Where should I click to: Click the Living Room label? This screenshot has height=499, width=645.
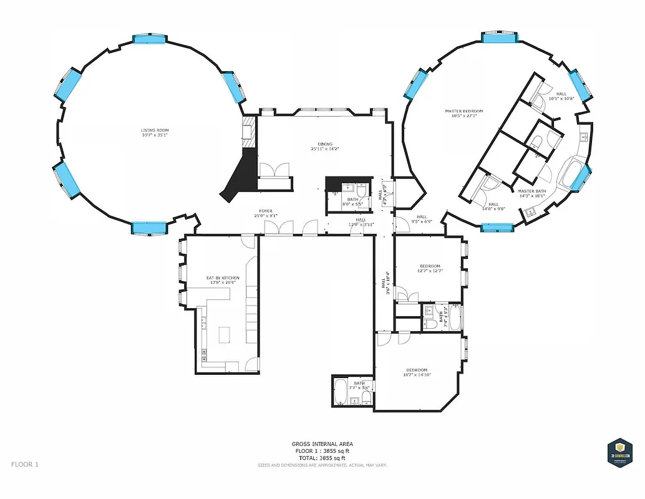(x=155, y=129)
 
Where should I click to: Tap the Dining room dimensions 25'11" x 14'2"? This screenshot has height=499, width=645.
(x=324, y=149)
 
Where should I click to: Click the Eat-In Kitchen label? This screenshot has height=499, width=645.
(x=223, y=278)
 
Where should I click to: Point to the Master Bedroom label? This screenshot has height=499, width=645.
(x=463, y=111)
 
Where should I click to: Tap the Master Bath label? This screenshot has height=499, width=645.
(x=531, y=191)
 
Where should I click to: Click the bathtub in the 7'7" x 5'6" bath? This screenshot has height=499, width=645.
(x=341, y=392)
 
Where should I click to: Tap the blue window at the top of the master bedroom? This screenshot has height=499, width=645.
(x=501, y=38)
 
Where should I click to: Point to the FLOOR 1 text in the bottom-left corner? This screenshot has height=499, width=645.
(x=25, y=464)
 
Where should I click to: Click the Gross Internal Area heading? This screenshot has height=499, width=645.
(x=322, y=444)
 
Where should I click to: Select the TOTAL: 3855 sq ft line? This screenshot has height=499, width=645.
(x=322, y=458)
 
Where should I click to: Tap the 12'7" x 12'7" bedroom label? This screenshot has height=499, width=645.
(x=430, y=266)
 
